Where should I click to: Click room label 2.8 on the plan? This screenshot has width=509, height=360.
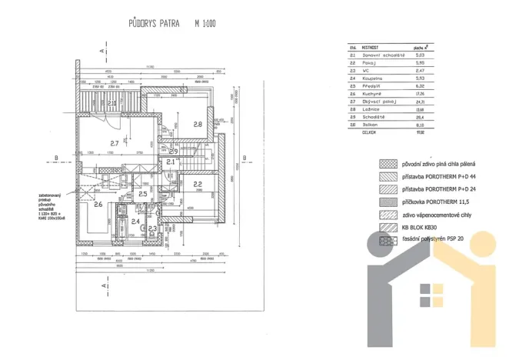coord(198,124)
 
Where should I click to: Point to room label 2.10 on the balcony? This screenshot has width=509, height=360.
coord(112,103)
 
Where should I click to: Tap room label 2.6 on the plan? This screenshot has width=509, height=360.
coord(98,205)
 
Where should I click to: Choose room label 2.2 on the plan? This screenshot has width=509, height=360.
coord(198,184)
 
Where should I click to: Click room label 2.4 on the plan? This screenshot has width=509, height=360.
coord(135,222)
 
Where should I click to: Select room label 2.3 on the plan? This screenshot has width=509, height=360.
coord(152,228)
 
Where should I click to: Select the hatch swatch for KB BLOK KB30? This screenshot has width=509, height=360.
coord(386,228)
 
